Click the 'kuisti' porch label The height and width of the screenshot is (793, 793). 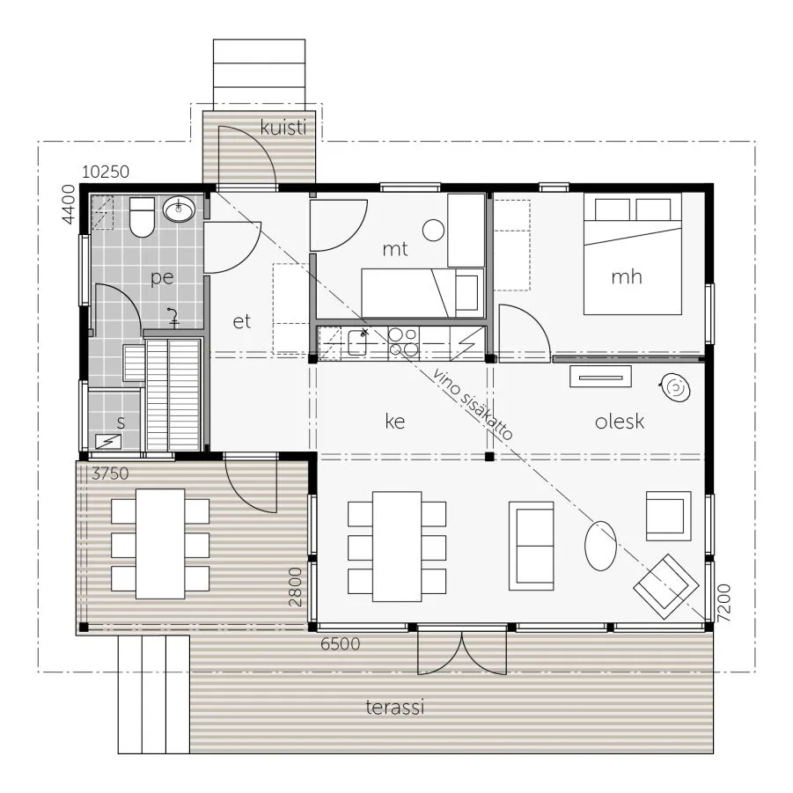coord(283,127)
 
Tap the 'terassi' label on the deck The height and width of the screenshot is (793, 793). coord(394,707)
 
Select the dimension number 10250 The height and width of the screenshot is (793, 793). coord(106,172)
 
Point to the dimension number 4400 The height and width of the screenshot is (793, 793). coord(69,204)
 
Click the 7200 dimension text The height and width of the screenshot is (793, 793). coord(724,603)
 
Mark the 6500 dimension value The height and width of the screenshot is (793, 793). coord(341,643)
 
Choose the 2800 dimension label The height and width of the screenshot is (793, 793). coord(295,587)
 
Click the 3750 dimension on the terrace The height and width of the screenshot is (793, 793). coord(110,474)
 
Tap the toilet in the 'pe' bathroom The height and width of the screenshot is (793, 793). coord(142,217)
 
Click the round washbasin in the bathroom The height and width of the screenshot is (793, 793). coord(179,209)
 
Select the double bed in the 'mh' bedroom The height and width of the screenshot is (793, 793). coord(633,253)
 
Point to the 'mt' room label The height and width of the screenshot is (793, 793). coord(395,249)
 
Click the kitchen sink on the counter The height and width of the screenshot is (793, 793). coord(357,342)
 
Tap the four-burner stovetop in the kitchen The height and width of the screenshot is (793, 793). coord(403,342)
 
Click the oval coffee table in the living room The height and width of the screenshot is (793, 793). coord(600,546)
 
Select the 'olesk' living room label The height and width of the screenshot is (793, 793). coord(620,421)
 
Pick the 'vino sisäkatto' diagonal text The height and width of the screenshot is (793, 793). coord(473,404)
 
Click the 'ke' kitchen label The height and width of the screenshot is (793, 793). coord(395,421)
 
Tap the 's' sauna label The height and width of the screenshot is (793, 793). coord(121,422)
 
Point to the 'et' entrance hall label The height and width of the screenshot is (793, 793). coord(242,321)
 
